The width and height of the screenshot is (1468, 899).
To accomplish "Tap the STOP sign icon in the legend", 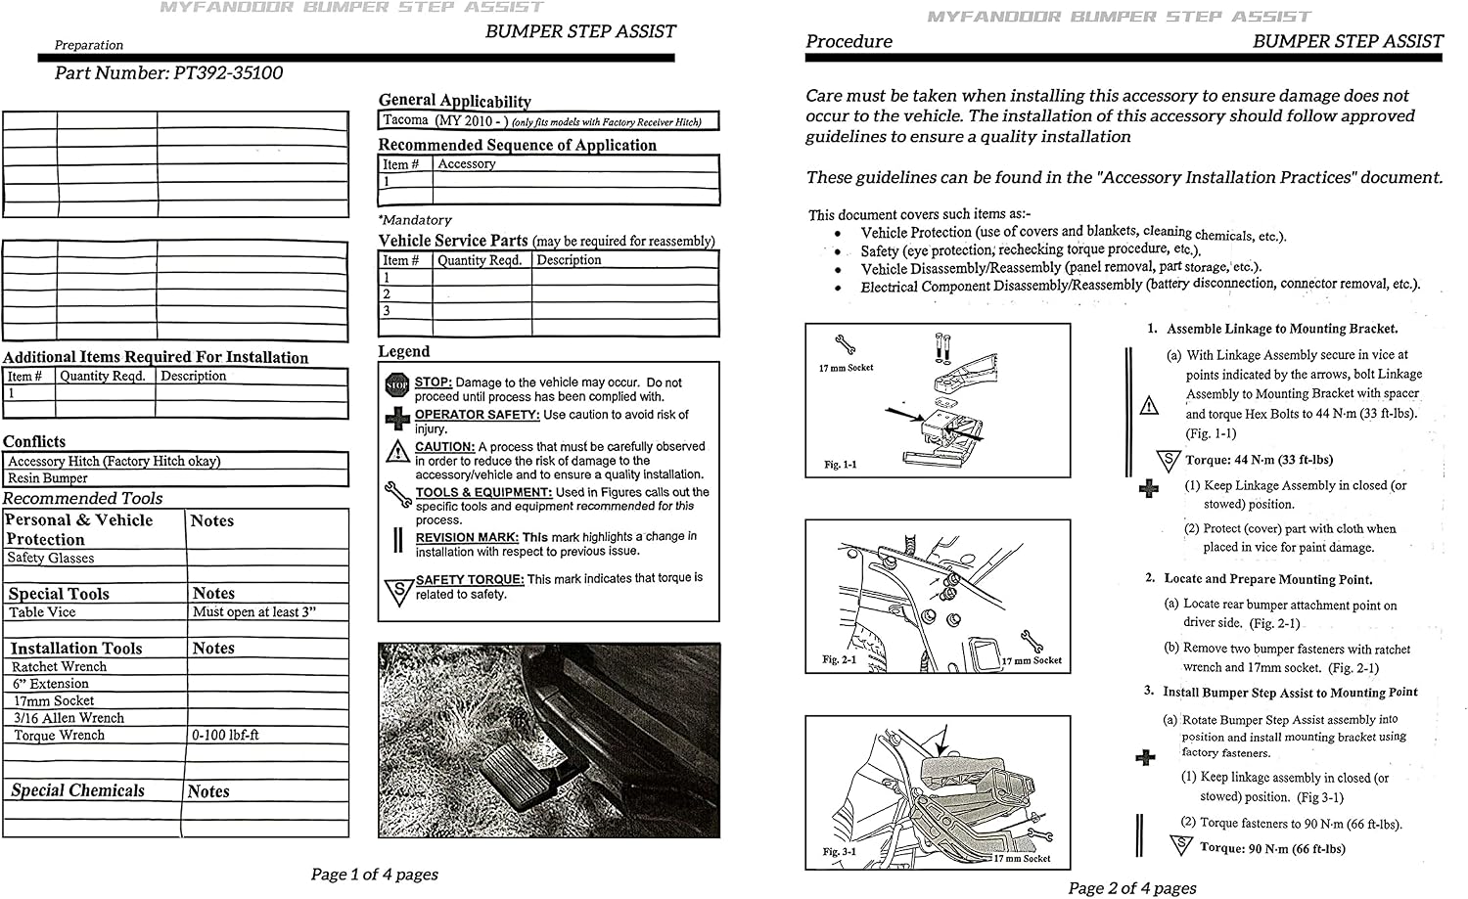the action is coord(397,385).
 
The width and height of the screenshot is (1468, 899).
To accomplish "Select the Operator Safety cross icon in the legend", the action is coord(397,418).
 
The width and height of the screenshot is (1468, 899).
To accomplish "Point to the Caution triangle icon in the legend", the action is coord(397,451).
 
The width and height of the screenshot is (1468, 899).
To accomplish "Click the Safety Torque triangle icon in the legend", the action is coord(397,591).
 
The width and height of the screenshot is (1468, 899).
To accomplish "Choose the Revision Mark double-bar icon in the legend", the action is coord(397,540).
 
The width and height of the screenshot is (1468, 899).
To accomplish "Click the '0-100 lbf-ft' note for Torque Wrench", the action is coord(225,736).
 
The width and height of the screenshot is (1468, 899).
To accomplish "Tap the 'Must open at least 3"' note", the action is coord(254,612).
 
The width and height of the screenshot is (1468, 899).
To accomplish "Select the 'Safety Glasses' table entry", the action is coord(51,558).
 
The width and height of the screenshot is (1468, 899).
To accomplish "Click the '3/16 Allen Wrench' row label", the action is coord(69,717).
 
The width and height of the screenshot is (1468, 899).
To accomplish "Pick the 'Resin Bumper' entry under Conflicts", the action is coord(47,477).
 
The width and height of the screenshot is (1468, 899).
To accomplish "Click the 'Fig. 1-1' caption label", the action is coord(840,465).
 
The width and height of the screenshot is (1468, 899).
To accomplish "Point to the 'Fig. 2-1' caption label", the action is coord(839,659).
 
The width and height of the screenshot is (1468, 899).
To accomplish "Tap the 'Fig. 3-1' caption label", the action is coord(840,852).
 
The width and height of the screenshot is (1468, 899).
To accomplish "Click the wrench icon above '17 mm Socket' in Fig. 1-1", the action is coord(845,344).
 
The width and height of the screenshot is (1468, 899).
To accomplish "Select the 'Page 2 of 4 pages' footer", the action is coord(1132,888).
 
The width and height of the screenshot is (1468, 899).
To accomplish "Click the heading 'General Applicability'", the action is coord(455,101).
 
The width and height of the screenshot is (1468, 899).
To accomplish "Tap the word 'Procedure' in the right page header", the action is coord(849,41).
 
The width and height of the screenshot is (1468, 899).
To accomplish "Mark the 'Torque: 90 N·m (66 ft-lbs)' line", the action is coord(1272,848).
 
